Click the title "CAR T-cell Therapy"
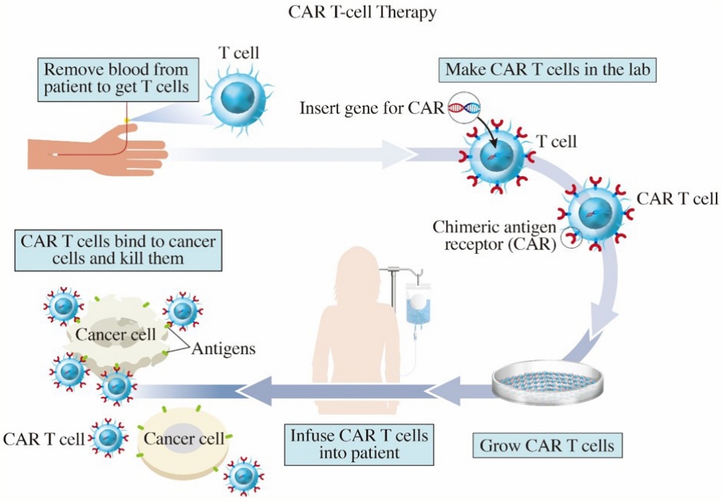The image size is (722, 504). pyautogui.click(x=363, y=11)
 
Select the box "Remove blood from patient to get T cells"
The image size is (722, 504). pyautogui.click(x=117, y=79)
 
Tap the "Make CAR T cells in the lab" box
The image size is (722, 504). pyautogui.click(x=547, y=70)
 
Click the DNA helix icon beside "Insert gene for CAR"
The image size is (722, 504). pyautogui.click(x=464, y=107)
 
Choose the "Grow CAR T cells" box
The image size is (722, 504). pyautogui.click(x=547, y=445)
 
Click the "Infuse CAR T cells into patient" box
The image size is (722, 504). pyautogui.click(x=359, y=444)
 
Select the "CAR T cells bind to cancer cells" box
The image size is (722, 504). pyautogui.click(x=119, y=250)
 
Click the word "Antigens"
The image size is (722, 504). pyautogui.click(x=223, y=349)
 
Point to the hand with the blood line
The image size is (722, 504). pyautogui.click(x=97, y=147)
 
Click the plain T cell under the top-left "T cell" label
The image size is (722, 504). pyautogui.click(x=238, y=98)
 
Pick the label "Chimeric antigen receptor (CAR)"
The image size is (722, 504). pyautogui.click(x=495, y=235)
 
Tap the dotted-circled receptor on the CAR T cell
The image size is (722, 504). pyautogui.click(x=572, y=238)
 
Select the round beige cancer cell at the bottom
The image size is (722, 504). pyautogui.click(x=183, y=441)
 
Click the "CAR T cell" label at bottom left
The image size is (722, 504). pyautogui.click(x=44, y=439)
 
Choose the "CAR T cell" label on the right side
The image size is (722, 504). pyautogui.click(x=677, y=198)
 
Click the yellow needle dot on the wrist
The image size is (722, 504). pyautogui.click(x=127, y=120)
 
